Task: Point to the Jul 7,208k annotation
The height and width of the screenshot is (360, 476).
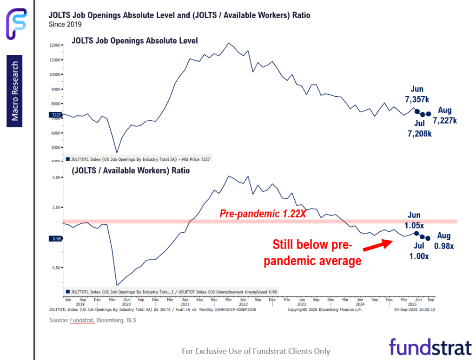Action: pos(419,129)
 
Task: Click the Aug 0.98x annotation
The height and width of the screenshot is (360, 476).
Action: pos(444,241)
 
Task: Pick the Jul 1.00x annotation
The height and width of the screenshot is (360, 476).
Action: pos(419,251)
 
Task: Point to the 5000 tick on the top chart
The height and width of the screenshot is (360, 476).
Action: pos(56,148)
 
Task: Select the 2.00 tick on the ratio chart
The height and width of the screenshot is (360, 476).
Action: pos(57,177)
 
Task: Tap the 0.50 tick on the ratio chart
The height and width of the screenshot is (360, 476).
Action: pos(57,268)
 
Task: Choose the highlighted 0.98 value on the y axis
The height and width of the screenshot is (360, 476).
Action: pos(55,239)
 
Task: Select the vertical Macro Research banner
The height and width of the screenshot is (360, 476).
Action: pos(15,91)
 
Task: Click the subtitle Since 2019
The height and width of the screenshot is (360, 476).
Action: pos(65,24)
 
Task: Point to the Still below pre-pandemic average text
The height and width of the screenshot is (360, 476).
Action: pos(312,253)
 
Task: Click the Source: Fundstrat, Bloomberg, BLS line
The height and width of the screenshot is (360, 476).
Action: pos(93,320)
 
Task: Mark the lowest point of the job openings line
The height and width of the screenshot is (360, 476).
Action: pos(117,152)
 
